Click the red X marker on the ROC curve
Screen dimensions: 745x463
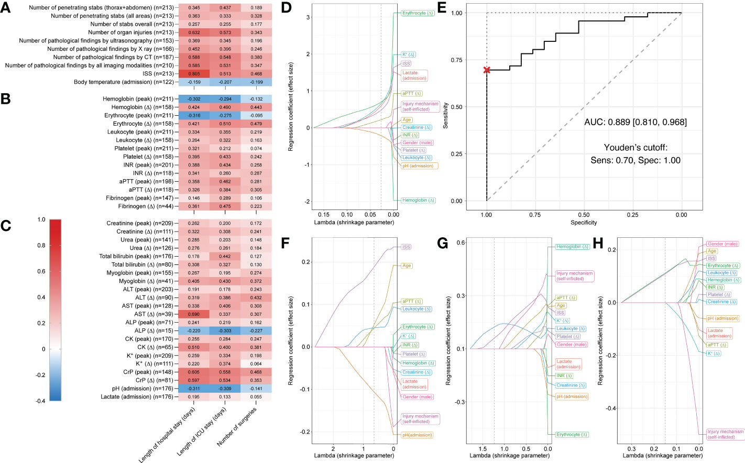click(487, 70)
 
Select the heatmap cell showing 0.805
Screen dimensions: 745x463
click(194, 73)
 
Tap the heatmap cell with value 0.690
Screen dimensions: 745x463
click(194, 314)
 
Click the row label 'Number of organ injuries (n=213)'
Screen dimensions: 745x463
click(130, 32)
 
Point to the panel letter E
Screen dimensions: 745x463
click(442, 7)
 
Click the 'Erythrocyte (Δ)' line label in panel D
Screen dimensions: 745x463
click(418, 13)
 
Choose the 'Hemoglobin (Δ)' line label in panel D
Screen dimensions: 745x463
click(418, 200)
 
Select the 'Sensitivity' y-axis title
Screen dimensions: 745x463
click(446, 116)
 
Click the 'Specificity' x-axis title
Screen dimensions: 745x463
click(584, 223)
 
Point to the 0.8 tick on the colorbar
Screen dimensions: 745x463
click(41, 245)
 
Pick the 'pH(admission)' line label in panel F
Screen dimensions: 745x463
click(417, 435)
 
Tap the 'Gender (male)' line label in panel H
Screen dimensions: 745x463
click(722, 244)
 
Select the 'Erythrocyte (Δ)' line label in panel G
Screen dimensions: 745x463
click(572, 434)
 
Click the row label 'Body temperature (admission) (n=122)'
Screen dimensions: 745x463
click(124, 82)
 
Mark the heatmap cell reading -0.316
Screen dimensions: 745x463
click(194, 115)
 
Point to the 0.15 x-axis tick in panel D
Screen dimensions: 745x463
click(324, 215)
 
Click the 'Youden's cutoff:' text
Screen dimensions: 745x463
click(636, 148)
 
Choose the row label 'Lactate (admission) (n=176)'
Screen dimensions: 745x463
click(137, 396)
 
